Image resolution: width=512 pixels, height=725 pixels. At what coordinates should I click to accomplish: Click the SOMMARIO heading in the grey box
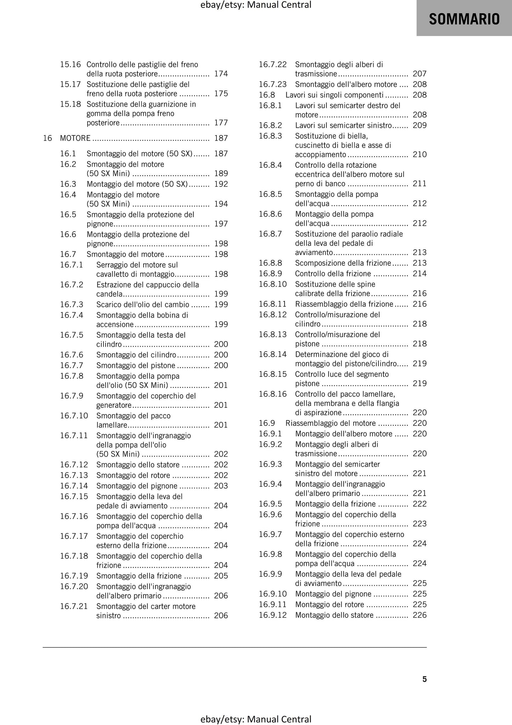464,19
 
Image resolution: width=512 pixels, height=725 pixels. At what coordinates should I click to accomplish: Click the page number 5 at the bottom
424,679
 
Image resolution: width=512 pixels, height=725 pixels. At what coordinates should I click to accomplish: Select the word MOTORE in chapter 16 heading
75,138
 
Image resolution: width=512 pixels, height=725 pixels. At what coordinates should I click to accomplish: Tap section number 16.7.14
74,486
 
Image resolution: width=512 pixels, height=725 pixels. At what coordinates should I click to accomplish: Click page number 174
221,74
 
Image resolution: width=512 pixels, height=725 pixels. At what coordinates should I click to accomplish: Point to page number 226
420,615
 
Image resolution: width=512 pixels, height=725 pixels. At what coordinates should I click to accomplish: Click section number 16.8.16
272,394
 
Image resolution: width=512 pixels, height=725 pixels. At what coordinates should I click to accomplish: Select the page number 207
420,74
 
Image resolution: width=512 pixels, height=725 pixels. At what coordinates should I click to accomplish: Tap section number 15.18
71,104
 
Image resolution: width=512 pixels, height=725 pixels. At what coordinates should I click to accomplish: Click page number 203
221,486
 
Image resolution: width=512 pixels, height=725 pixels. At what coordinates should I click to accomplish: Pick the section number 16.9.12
272,615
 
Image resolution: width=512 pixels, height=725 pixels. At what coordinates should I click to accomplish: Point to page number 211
420,184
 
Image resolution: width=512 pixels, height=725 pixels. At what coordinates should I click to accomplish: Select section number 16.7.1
72,265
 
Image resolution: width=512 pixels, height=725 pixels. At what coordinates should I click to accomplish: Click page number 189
221,174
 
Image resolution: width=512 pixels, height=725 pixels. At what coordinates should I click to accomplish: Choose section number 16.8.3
270,136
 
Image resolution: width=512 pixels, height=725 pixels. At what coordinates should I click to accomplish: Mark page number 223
420,524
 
